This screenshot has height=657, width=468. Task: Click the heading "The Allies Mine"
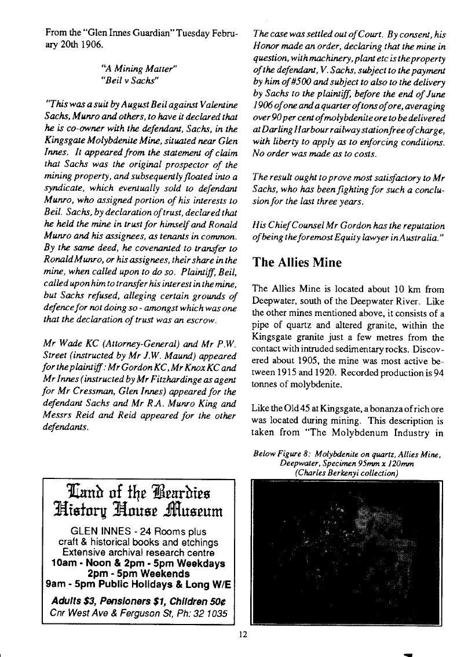[297, 263]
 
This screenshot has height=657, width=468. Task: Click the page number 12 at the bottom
[243, 634]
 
